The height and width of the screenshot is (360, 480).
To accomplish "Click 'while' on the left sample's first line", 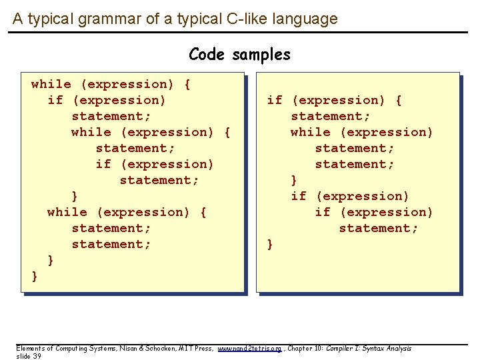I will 51,84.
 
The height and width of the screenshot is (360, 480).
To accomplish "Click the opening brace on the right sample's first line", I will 398,100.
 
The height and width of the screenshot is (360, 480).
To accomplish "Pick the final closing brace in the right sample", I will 270,244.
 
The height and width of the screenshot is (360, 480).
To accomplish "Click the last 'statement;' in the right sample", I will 379,228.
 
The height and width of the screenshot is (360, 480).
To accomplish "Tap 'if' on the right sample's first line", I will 275,100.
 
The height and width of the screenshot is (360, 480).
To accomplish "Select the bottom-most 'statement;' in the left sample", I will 111,244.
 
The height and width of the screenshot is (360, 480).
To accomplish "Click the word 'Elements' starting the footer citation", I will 30,349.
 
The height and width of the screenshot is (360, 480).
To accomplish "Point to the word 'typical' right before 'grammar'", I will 55,19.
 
